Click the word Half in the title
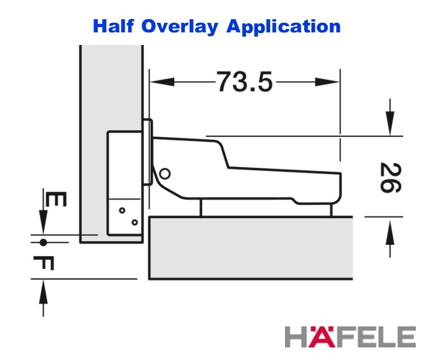(113, 26)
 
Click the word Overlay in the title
(180, 27)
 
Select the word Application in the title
(283, 27)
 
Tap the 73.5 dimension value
(244, 82)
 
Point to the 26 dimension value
(391, 178)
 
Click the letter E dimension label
(56, 199)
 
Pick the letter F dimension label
(44, 263)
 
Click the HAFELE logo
(350, 337)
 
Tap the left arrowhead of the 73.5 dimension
(162, 82)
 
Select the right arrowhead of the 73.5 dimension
(328, 82)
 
